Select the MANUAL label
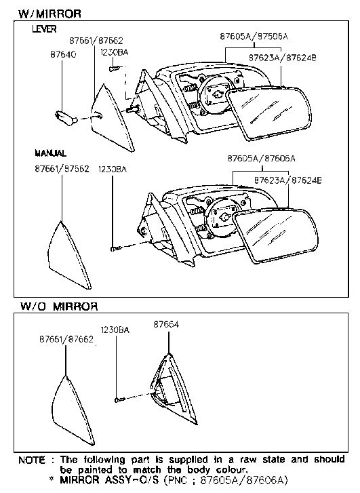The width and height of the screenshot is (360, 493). tap(49, 154)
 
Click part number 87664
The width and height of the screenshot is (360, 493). tap(165, 325)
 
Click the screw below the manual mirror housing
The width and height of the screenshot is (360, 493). tap(115, 249)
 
